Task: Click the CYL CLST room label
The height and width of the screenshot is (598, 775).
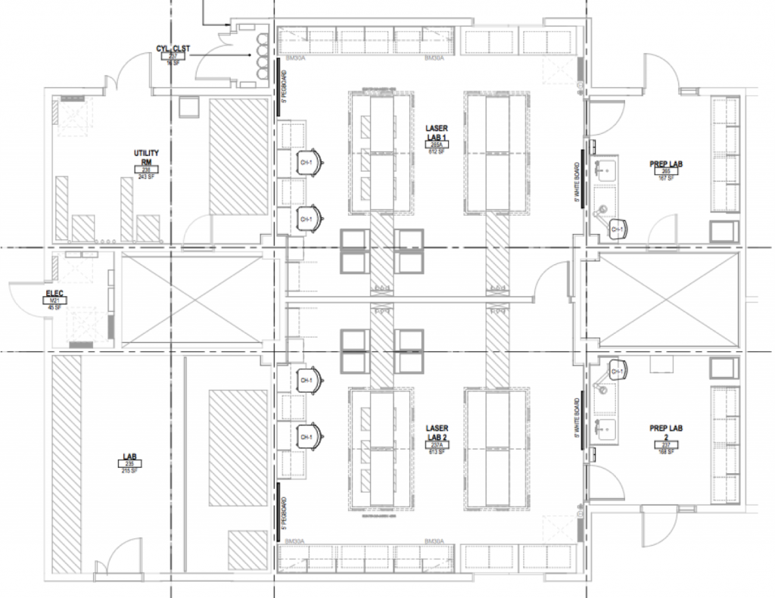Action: [x=173, y=48]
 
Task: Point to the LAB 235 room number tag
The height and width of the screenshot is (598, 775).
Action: [x=129, y=464]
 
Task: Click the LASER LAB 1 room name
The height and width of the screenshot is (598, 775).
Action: [x=437, y=132]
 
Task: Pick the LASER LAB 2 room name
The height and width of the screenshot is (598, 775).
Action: [x=437, y=432]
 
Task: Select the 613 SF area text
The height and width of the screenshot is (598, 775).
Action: [x=437, y=451]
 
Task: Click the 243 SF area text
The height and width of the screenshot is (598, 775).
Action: [x=146, y=177]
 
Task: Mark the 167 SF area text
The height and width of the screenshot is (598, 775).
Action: [x=667, y=179]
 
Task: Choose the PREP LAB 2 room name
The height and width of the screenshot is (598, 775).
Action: [x=667, y=434]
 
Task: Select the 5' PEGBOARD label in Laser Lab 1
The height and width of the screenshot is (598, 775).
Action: [x=283, y=86]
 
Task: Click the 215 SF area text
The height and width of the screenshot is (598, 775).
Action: [x=129, y=471]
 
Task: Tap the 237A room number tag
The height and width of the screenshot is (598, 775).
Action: [x=437, y=444]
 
